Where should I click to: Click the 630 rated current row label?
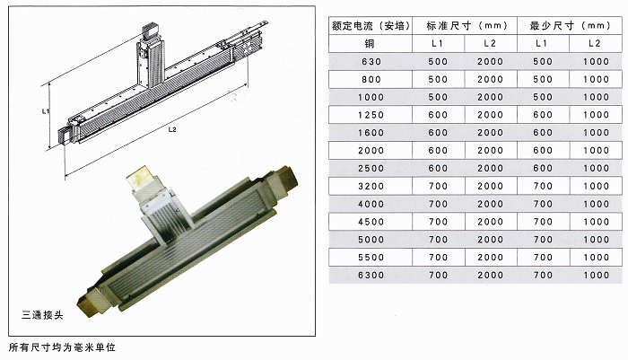click(370, 62)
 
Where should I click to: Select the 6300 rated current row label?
click(370, 274)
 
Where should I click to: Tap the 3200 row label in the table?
click(370, 186)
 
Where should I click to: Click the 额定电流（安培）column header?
click(371, 26)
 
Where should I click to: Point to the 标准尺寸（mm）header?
click(461, 26)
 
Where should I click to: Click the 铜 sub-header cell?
click(370, 44)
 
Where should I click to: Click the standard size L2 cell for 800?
click(489, 79)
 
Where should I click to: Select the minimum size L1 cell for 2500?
click(543, 168)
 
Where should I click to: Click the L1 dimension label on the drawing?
click(45, 112)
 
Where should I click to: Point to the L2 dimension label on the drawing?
click(171, 130)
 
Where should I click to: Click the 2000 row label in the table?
click(370, 150)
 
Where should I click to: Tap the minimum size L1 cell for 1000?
click(543, 97)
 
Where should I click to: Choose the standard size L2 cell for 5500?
click(489, 256)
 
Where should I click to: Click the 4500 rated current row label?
click(370, 221)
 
